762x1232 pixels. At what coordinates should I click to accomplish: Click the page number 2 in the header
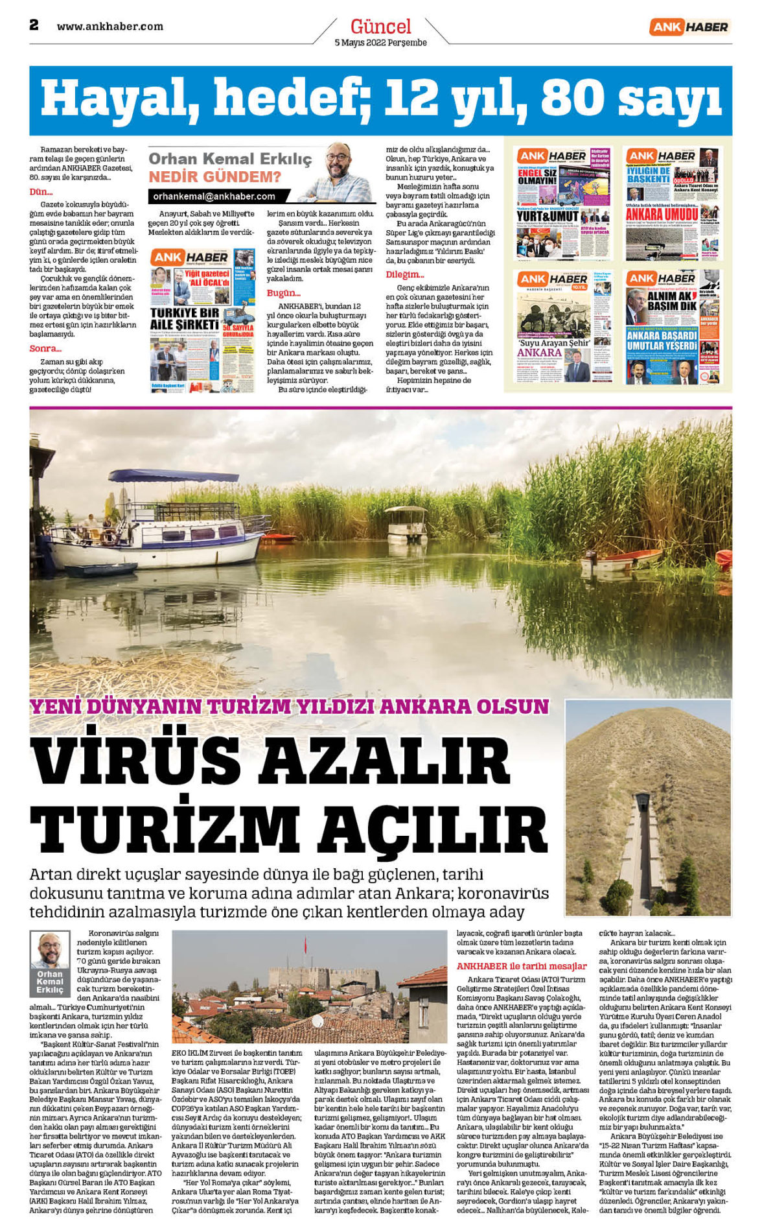34,25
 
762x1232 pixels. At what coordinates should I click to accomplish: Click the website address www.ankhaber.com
110,27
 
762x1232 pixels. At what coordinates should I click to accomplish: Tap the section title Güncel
380,27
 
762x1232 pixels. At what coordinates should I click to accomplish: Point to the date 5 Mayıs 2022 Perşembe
380,43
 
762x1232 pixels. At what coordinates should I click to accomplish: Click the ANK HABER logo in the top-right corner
689,27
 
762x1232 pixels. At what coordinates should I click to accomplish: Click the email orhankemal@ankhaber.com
214,196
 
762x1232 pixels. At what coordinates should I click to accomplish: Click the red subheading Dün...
41,192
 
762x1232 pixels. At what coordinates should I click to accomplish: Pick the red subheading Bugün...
283,293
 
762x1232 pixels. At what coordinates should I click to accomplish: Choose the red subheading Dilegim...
404,275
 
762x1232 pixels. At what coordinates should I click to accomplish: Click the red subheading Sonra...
45,349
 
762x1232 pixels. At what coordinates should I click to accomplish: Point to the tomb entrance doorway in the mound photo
641,801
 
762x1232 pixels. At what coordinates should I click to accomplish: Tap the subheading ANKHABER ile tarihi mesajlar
521,966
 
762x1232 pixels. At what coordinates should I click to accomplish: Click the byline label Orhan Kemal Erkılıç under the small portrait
50,982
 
